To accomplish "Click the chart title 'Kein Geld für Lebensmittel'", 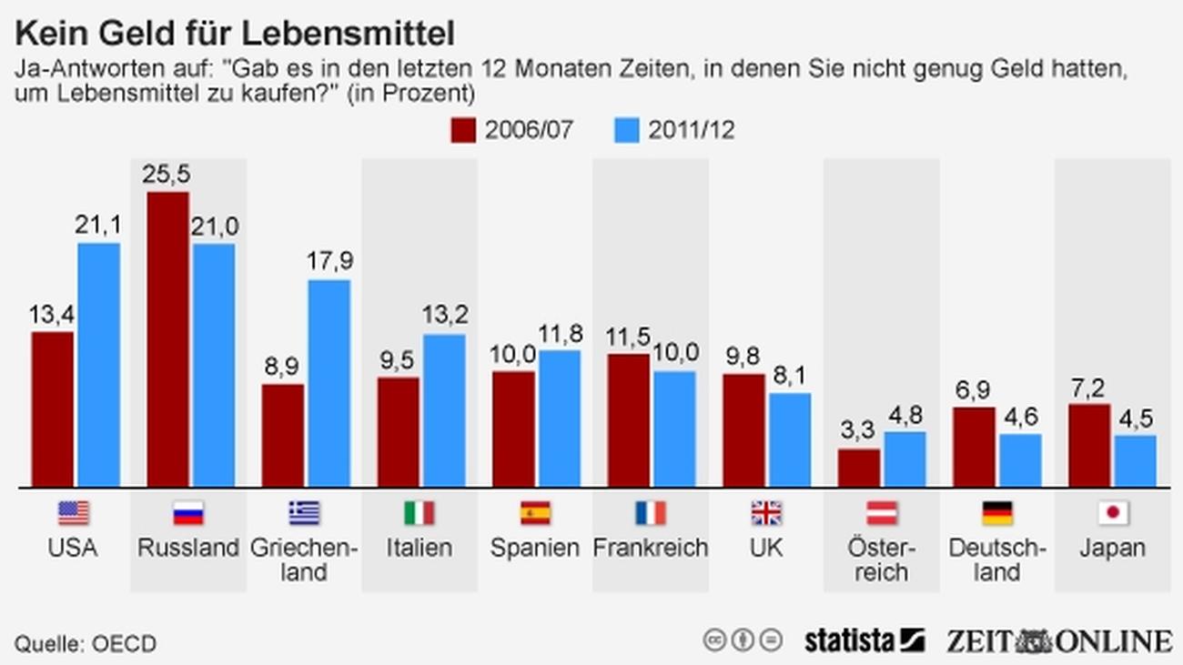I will [235, 35].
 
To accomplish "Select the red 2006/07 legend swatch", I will [463, 130].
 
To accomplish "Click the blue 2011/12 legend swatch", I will [627, 130].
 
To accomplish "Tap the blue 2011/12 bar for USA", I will [98, 364].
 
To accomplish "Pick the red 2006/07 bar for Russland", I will [168, 338].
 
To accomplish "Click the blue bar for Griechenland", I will [329, 382].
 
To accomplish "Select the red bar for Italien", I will [399, 431].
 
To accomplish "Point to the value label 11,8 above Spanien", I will [560, 334].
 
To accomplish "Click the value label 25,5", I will [167, 174].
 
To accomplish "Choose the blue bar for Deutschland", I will [1020, 459].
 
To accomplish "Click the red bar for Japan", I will [1087, 445].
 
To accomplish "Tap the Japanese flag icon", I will [1112, 513].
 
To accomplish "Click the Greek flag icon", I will [304, 513].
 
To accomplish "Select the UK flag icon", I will [766, 513].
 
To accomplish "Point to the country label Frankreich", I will [650, 548].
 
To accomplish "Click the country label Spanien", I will [535, 548].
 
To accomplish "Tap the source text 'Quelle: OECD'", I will [85, 643].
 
